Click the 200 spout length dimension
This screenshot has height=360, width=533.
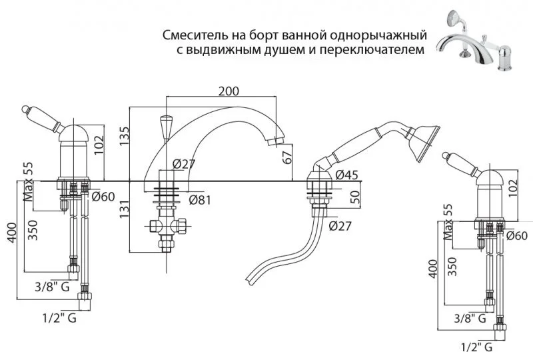tap(229, 92)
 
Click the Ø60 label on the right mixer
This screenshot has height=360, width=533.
tap(517, 235)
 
